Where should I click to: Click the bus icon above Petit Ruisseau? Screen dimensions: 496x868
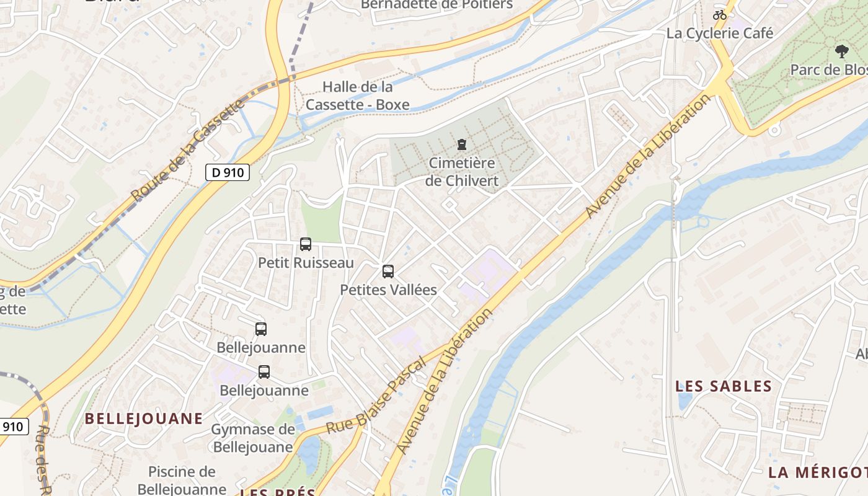click(x=305, y=244)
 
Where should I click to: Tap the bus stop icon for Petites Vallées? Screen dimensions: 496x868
click(x=388, y=272)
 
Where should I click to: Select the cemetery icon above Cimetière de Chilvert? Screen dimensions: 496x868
click(x=461, y=145)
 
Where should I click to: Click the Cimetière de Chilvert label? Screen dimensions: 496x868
click(x=462, y=172)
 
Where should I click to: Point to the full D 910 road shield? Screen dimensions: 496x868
click(x=228, y=172)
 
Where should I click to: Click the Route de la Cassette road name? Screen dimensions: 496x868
click(x=188, y=151)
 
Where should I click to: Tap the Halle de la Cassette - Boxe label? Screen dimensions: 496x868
click(x=358, y=95)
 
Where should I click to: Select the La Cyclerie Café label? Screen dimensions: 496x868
click(x=720, y=33)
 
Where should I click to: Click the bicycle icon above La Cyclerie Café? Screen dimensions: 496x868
click(x=720, y=14)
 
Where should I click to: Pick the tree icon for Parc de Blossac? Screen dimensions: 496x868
click(x=841, y=51)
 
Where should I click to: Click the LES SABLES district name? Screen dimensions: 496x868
click(x=724, y=386)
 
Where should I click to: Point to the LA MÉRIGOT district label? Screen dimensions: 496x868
click(x=817, y=472)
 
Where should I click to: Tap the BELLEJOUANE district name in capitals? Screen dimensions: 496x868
click(x=144, y=418)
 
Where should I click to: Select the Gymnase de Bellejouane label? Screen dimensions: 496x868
click(x=253, y=438)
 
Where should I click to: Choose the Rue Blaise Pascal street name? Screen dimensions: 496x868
click(x=376, y=395)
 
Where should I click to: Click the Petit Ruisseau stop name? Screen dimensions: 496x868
click(x=306, y=263)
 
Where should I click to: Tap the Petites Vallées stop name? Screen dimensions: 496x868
click(x=389, y=290)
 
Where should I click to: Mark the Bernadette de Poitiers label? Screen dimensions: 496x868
click(x=437, y=5)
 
